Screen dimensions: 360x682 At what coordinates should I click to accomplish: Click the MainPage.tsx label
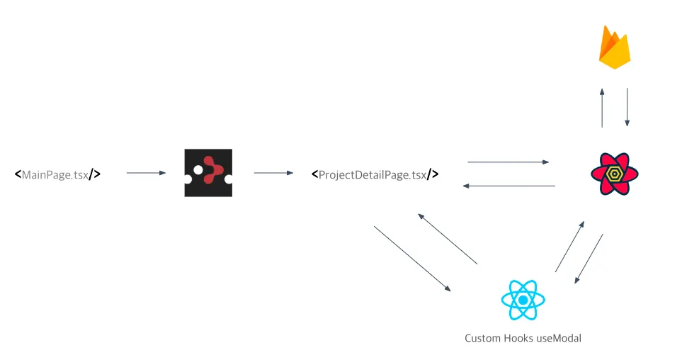[x=57, y=174]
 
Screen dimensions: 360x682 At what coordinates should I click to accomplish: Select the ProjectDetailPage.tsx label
[x=375, y=174]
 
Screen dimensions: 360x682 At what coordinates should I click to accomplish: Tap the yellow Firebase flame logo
[x=614, y=47]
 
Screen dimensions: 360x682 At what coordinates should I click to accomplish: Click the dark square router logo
[x=208, y=173]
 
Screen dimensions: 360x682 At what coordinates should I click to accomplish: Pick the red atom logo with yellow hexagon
[x=614, y=174]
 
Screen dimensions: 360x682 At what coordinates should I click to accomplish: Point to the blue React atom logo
[x=523, y=300]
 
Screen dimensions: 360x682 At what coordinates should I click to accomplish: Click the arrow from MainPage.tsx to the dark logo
[x=146, y=172]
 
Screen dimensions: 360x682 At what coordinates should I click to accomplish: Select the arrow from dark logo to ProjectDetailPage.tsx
[x=273, y=172]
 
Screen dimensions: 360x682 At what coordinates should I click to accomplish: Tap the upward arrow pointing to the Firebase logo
[x=602, y=108]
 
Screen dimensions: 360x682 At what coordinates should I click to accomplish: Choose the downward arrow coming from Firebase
[x=627, y=108]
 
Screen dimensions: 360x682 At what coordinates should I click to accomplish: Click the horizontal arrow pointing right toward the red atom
[x=508, y=162]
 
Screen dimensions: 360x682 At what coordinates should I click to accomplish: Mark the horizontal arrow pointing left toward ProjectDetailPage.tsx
[x=508, y=186]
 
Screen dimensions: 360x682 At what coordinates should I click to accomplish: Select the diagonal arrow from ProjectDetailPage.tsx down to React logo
[x=412, y=259]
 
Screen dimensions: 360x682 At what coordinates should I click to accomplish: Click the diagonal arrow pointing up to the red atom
[x=570, y=246]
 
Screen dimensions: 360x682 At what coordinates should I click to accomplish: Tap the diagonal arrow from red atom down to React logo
[x=589, y=259]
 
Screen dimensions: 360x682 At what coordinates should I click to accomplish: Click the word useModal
[x=559, y=339]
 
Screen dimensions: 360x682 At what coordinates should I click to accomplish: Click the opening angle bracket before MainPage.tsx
[x=18, y=174]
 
